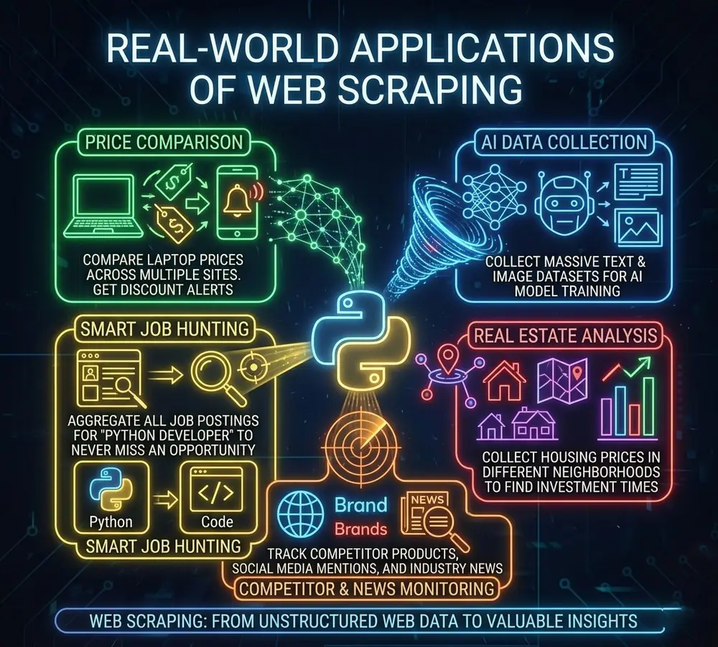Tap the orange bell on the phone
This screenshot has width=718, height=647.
coord(237,202)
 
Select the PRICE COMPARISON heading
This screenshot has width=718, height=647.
coord(164,142)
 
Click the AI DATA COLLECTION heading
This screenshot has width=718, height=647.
coord(564,141)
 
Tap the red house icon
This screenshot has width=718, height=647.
coord(505,379)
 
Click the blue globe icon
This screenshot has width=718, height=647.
coord(301,514)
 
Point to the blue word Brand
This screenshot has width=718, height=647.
coord(361,505)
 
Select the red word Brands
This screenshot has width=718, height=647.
coord(361,529)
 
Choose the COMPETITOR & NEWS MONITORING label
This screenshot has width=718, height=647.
coord(367,588)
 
